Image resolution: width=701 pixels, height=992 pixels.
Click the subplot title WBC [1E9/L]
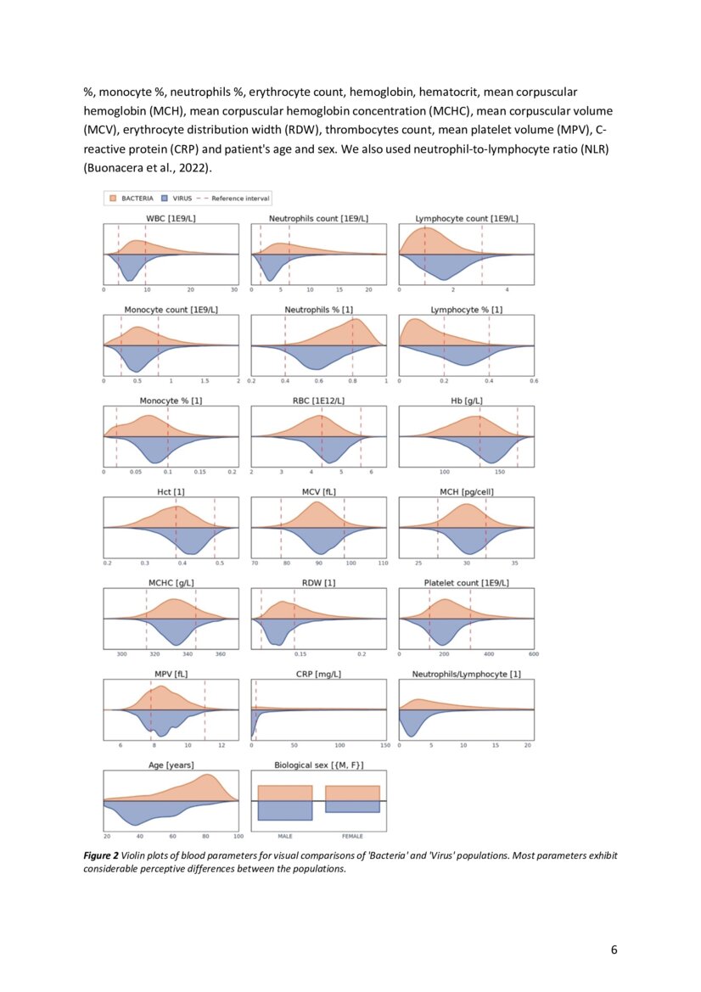(x=171, y=218)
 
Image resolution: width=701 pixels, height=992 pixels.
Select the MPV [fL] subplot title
(x=170, y=674)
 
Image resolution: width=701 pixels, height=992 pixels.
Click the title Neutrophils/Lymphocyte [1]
(x=466, y=674)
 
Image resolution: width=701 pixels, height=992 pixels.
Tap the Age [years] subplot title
(x=171, y=765)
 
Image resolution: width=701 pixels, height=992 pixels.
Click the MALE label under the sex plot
(x=284, y=836)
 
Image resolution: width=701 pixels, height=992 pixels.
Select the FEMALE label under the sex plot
(x=352, y=836)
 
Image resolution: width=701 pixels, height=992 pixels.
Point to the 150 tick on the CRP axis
(x=384, y=745)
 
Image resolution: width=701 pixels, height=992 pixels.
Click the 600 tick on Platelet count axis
(x=533, y=654)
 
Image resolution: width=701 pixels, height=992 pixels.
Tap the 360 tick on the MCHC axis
(x=221, y=654)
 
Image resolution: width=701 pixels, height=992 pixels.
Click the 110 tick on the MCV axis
(x=383, y=563)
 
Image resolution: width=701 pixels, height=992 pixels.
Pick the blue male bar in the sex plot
(x=285, y=810)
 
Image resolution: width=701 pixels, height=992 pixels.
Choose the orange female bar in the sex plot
(x=352, y=793)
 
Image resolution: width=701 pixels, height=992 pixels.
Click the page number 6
(x=614, y=949)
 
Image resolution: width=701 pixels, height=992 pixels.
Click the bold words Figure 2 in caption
(x=100, y=855)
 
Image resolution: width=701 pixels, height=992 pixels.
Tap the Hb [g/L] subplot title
(x=466, y=401)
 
